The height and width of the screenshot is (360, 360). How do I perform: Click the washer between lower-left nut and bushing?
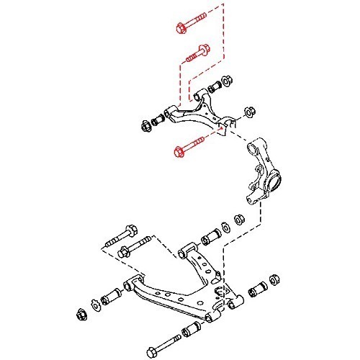[x=95, y=303]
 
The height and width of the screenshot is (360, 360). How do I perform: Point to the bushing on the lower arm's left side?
[x=114, y=296]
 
